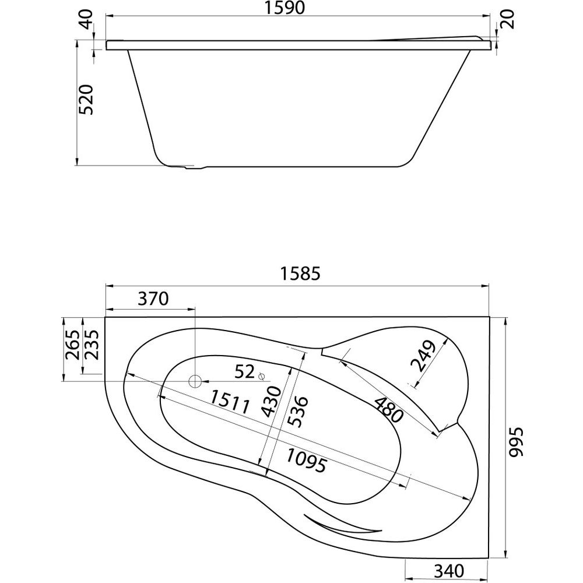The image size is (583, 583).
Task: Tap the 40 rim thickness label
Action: (x=87, y=19)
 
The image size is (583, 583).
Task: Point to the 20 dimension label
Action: (x=508, y=19)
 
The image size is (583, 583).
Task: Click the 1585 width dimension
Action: (x=300, y=273)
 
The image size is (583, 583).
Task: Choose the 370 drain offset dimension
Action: (x=153, y=298)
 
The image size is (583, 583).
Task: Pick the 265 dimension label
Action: (x=72, y=345)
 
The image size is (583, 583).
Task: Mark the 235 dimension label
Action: (x=91, y=345)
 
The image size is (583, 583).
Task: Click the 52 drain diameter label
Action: (x=245, y=371)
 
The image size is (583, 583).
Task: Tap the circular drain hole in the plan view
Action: (x=195, y=381)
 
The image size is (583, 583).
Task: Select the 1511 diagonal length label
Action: (x=229, y=402)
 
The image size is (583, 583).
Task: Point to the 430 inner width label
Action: (x=271, y=401)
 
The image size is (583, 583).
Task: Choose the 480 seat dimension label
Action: (x=388, y=410)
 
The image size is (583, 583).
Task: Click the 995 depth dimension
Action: (x=516, y=441)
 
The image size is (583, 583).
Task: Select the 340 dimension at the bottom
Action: (x=449, y=571)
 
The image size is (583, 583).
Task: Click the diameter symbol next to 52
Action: (x=261, y=376)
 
